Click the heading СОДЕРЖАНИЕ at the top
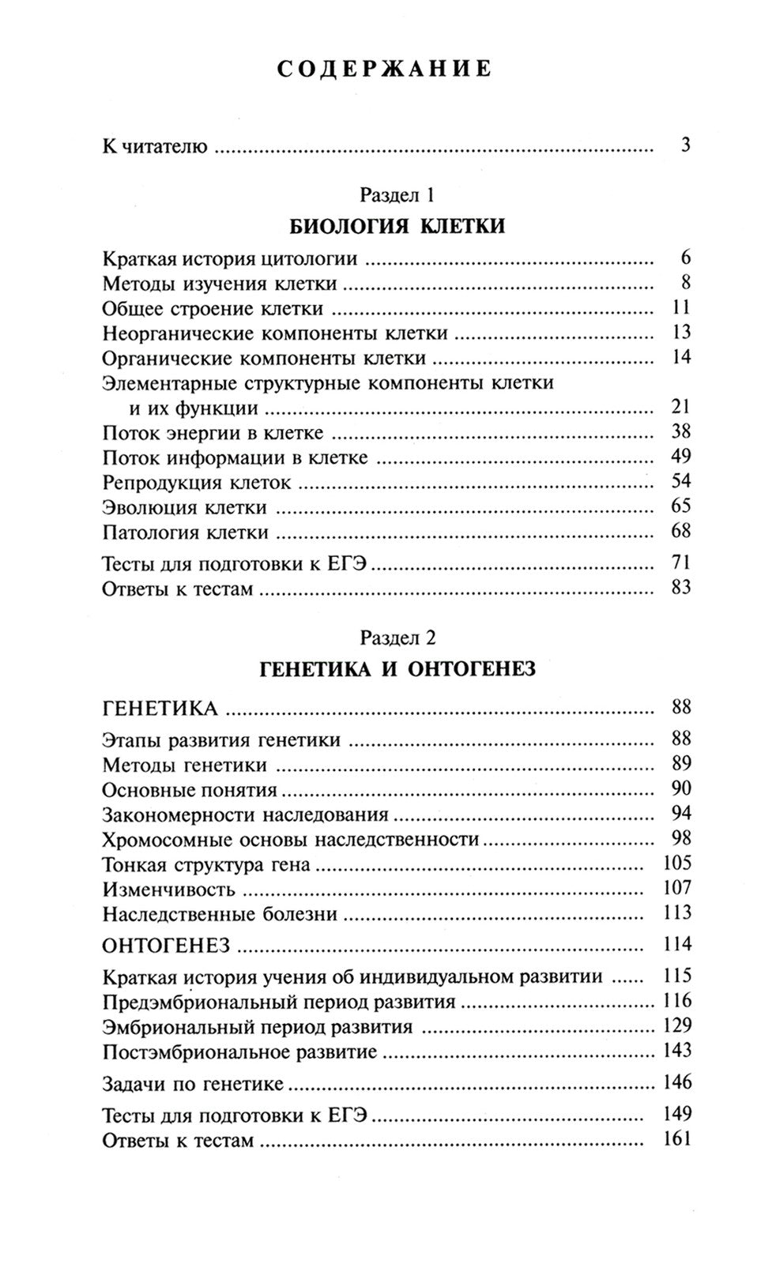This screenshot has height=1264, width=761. [385, 70]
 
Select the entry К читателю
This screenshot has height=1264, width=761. [155, 147]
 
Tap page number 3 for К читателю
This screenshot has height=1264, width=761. [684, 145]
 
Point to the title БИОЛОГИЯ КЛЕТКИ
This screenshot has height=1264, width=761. [397, 228]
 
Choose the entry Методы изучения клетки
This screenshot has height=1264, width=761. [220, 283]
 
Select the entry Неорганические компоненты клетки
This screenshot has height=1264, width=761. [276, 333]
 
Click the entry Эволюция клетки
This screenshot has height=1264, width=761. [185, 508]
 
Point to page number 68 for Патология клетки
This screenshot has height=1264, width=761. [680, 531]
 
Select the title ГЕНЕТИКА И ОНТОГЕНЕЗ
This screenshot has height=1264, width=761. [397, 670]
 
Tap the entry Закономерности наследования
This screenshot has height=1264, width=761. [246, 814]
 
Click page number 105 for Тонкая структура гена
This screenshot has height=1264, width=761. [677, 863]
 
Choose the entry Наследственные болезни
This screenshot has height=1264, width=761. [220, 915]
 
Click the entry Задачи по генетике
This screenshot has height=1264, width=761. [193, 1084]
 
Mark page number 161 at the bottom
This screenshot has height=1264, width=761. [677, 1139]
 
